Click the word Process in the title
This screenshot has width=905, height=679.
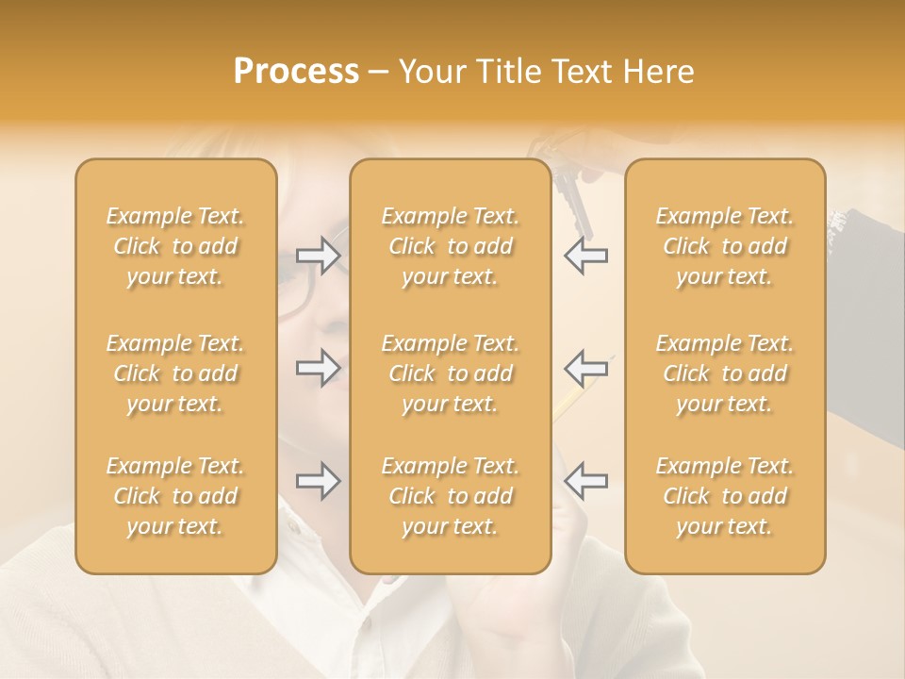click(x=296, y=72)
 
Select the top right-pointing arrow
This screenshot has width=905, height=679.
click(x=318, y=256)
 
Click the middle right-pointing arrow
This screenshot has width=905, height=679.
click(x=318, y=367)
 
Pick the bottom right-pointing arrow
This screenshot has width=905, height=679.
click(x=318, y=481)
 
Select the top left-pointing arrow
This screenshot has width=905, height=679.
click(x=585, y=256)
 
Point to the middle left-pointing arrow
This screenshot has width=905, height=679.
click(x=585, y=367)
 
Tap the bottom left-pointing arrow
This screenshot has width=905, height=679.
click(x=585, y=481)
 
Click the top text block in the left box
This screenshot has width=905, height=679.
click(x=175, y=246)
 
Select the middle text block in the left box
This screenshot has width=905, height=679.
click(x=175, y=373)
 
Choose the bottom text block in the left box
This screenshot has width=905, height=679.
click(x=175, y=496)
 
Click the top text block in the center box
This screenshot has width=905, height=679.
click(x=450, y=246)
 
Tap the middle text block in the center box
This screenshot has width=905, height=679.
click(x=450, y=373)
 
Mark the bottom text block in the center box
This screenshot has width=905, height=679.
click(x=450, y=496)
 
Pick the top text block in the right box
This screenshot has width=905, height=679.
click(x=724, y=246)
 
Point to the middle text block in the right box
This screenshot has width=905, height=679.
click(x=724, y=373)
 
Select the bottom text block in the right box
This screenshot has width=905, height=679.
click(x=724, y=496)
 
